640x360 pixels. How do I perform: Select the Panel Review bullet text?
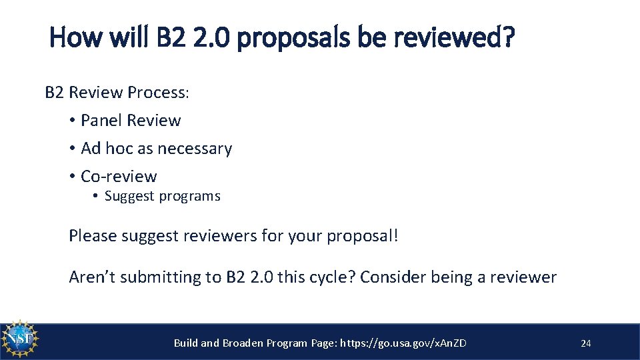click(x=131, y=121)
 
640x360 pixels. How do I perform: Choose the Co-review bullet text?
click(x=119, y=177)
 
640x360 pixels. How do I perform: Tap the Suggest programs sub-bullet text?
click(x=162, y=196)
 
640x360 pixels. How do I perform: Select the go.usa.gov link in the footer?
click(x=403, y=343)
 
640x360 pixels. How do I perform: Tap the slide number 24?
click(x=586, y=343)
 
